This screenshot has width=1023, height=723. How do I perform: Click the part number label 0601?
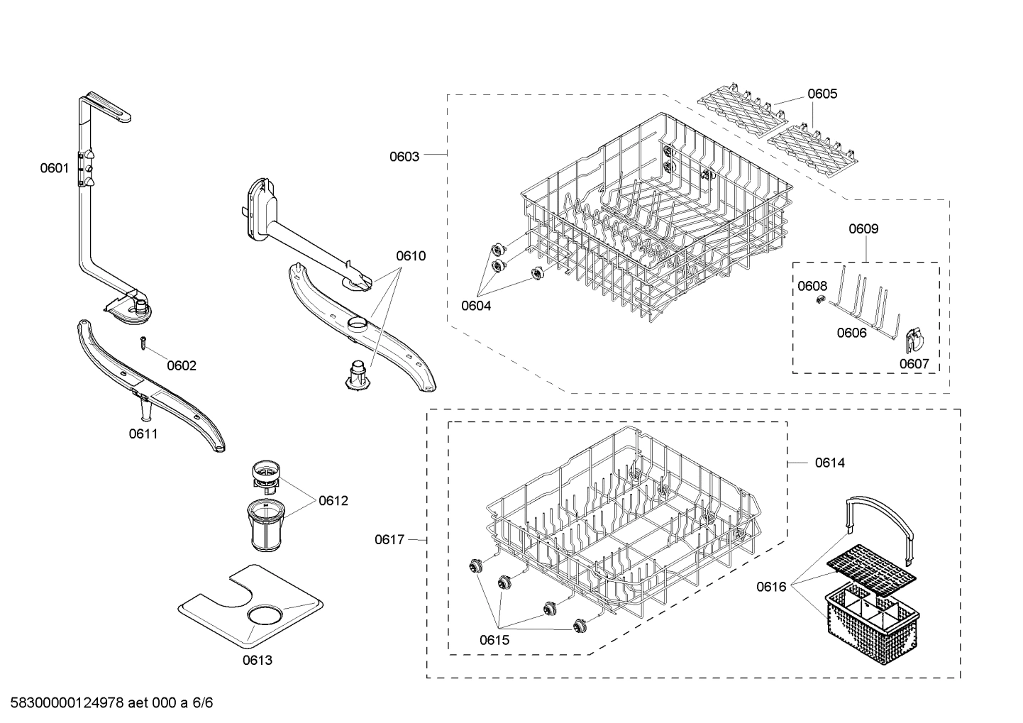click(54, 168)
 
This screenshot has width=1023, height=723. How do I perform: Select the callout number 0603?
click(404, 156)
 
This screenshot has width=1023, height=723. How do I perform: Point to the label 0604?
click(476, 306)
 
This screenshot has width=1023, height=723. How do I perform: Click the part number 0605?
click(822, 94)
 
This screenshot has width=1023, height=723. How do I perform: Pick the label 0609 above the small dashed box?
click(863, 228)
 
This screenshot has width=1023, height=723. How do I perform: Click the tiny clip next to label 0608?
click(817, 302)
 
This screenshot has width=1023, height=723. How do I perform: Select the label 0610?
click(411, 255)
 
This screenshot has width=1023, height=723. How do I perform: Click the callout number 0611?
click(143, 434)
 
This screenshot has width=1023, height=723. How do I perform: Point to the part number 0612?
click(333, 501)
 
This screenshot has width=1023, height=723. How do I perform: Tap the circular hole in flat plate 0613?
click(265, 614)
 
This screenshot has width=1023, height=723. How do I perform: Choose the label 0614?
click(829, 463)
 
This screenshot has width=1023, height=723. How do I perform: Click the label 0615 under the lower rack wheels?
click(494, 640)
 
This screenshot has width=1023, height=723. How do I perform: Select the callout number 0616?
click(771, 586)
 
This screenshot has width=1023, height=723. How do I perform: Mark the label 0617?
click(389, 540)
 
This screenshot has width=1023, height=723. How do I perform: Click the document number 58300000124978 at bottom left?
click(63, 703)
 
